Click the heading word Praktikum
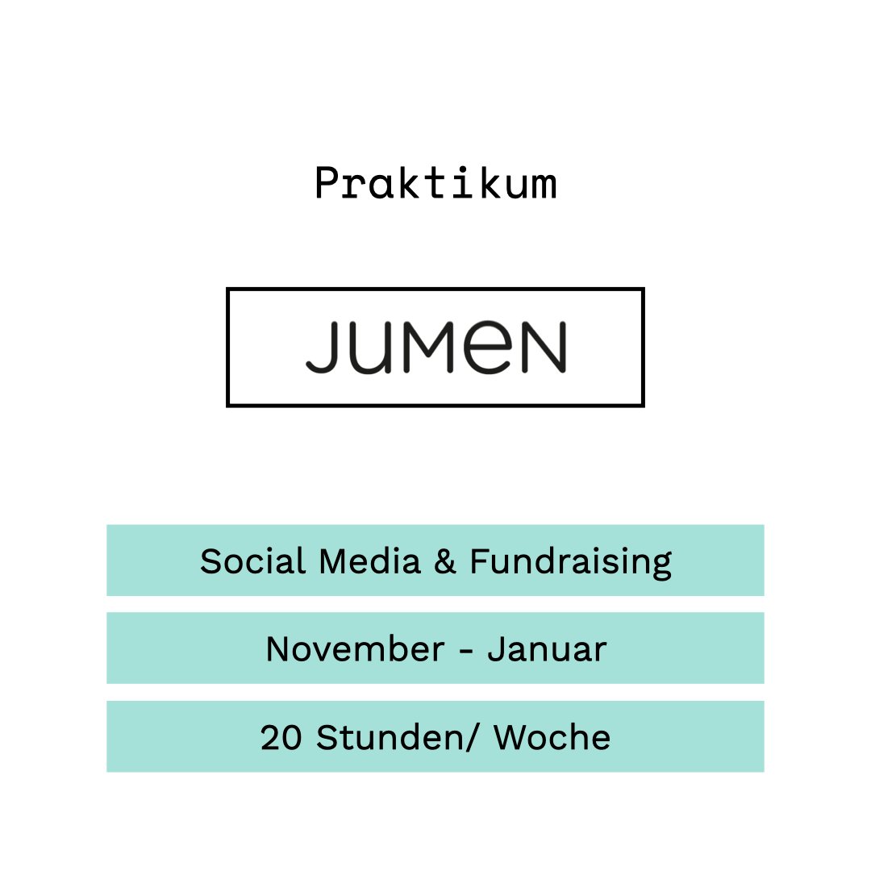click(x=435, y=183)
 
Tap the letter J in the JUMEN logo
click(x=322, y=348)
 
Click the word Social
click(x=253, y=561)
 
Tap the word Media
click(x=370, y=561)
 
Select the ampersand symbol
click(x=445, y=561)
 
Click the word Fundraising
click(x=570, y=562)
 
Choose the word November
click(x=354, y=648)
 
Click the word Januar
click(x=547, y=648)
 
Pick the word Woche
click(x=552, y=737)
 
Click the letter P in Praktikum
click(x=326, y=183)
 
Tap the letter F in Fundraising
click(x=478, y=561)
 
